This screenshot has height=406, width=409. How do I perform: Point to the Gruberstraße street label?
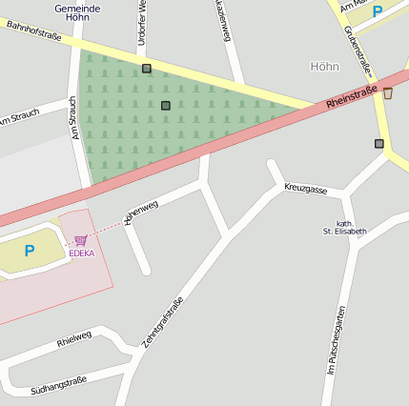coord(358,52)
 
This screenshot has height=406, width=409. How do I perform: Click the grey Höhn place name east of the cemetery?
coord(324,67)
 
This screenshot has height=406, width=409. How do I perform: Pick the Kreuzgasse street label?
coord(305,190)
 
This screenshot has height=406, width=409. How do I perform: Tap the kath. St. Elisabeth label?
coord(344,227)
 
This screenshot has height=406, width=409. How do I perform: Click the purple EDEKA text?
coord(81,254)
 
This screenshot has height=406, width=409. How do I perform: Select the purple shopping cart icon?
coord(80,241)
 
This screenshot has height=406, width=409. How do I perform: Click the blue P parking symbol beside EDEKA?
coord(29,252)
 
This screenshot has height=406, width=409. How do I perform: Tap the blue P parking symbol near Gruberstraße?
coord(378,11)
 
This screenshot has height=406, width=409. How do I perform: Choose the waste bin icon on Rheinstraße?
coord(387,92)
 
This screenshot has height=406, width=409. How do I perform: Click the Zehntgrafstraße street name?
coord(162,320)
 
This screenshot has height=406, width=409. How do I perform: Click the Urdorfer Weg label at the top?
coord(142,17)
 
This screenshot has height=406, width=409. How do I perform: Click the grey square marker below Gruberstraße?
coord(379,144)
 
